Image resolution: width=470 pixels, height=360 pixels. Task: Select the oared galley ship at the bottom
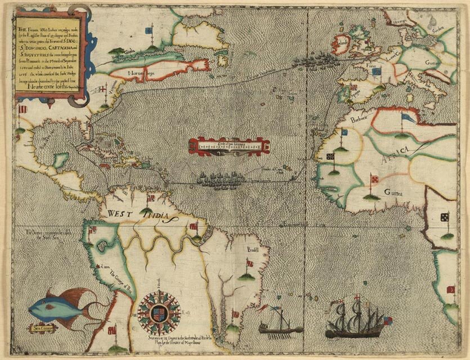point(280,327)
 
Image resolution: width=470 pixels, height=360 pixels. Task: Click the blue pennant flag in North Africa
point(407,118)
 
